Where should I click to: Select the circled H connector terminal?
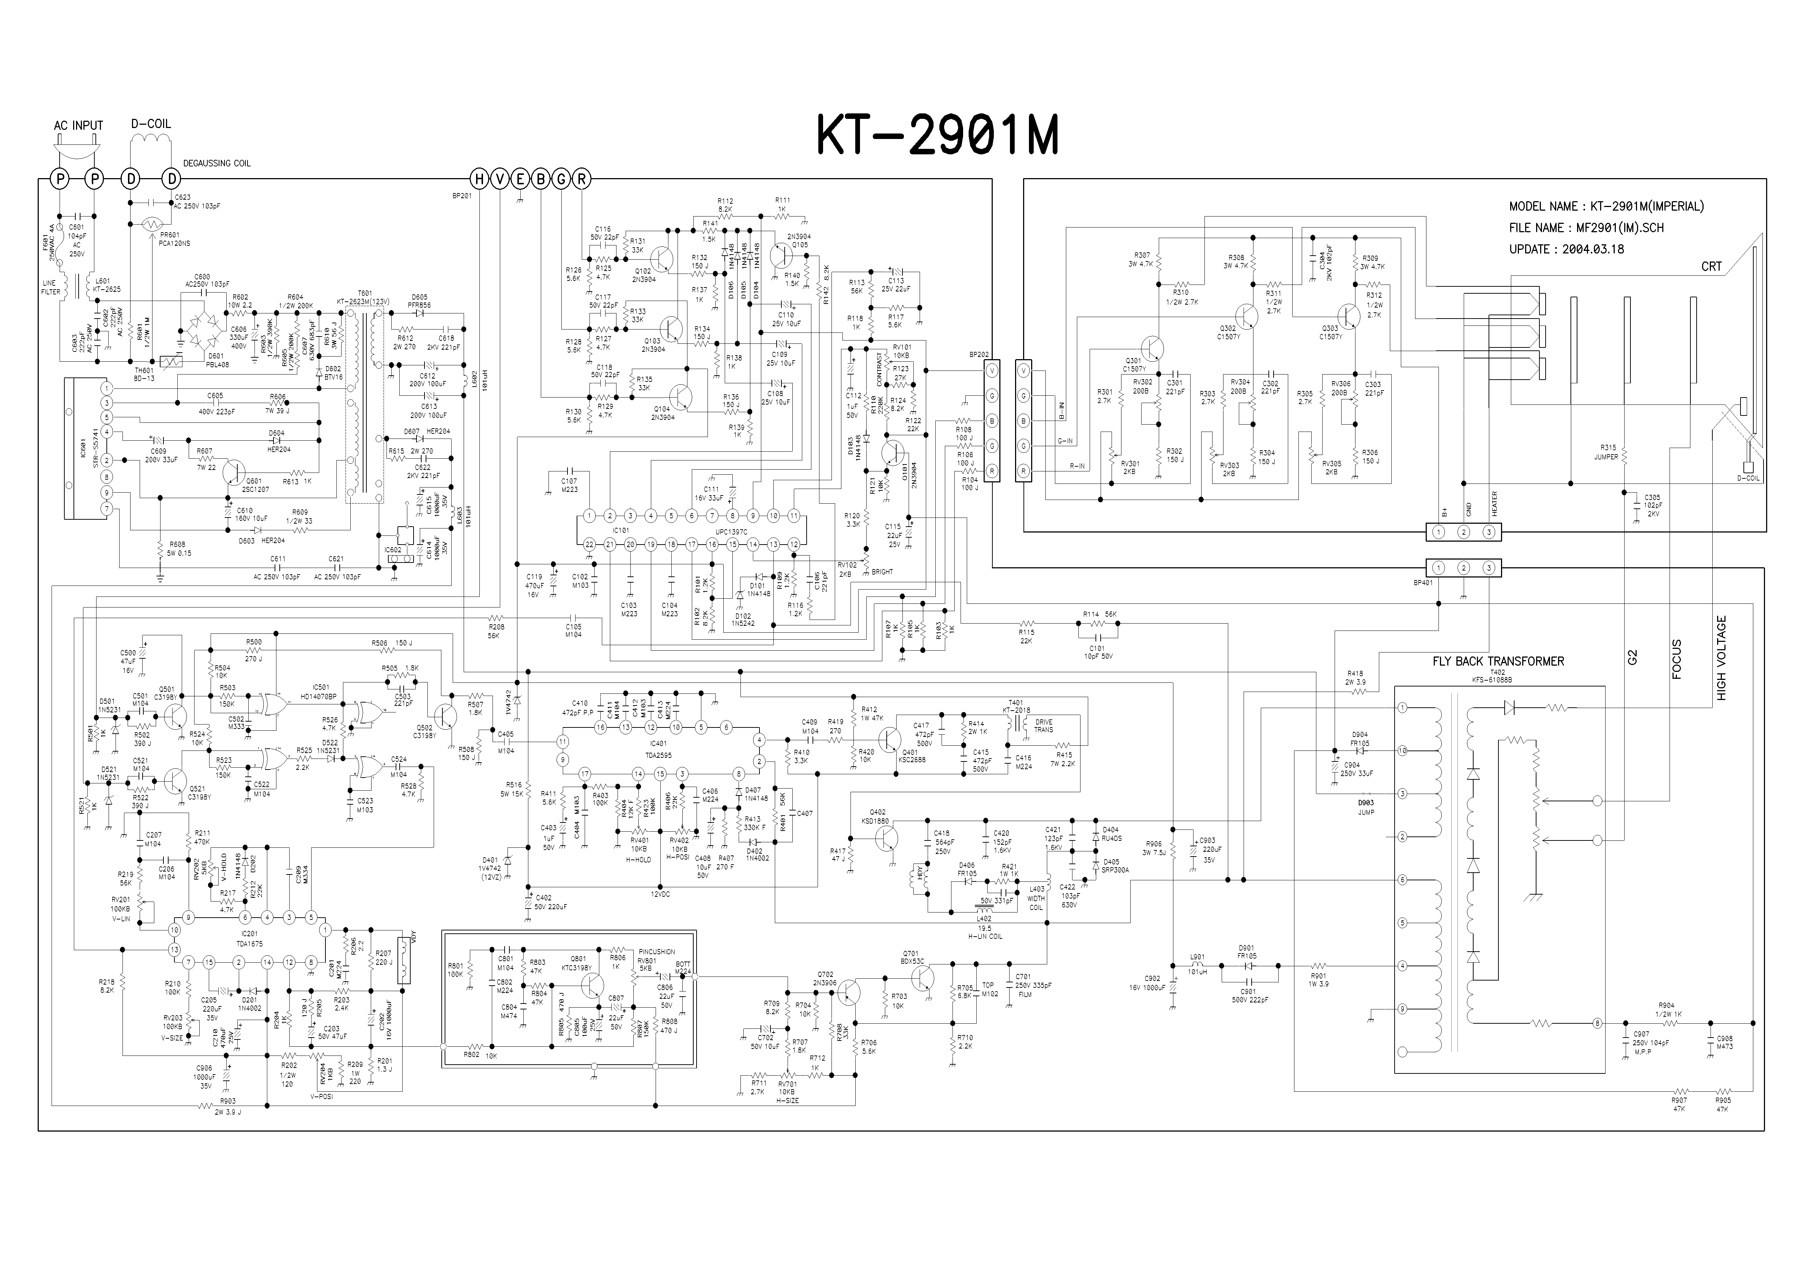tap(480, 179)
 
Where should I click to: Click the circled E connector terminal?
tap(520, 179)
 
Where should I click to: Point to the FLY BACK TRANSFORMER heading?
tap(1498, 661)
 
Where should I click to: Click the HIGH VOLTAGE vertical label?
tap(1721, 658)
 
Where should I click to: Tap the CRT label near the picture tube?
tap(1711, 266)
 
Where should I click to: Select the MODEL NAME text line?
tap(1606, 206)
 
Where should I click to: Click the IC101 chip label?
tap(621, 530)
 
